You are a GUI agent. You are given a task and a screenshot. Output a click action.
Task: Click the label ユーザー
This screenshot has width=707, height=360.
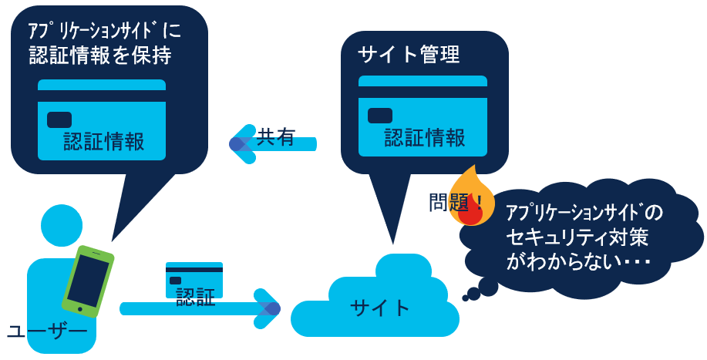[x=46, y=331]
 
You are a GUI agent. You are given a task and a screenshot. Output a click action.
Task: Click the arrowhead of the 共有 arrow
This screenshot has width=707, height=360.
[x=241, y=143]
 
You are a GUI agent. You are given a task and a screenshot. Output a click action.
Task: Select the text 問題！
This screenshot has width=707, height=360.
[x=455, y=203]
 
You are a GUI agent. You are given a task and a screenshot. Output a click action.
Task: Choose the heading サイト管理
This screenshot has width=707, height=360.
[x=409, y=55]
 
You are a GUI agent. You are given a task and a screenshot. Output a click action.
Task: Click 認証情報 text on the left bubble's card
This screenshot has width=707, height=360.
[x=104, y=142]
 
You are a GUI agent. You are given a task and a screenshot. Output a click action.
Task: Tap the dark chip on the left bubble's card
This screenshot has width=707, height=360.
[x=59, y=119]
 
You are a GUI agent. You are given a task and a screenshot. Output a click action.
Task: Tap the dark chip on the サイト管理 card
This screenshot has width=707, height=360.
[x=380, y=116]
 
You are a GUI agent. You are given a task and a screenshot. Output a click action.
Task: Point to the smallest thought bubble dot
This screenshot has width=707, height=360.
[x=466, y=298]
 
